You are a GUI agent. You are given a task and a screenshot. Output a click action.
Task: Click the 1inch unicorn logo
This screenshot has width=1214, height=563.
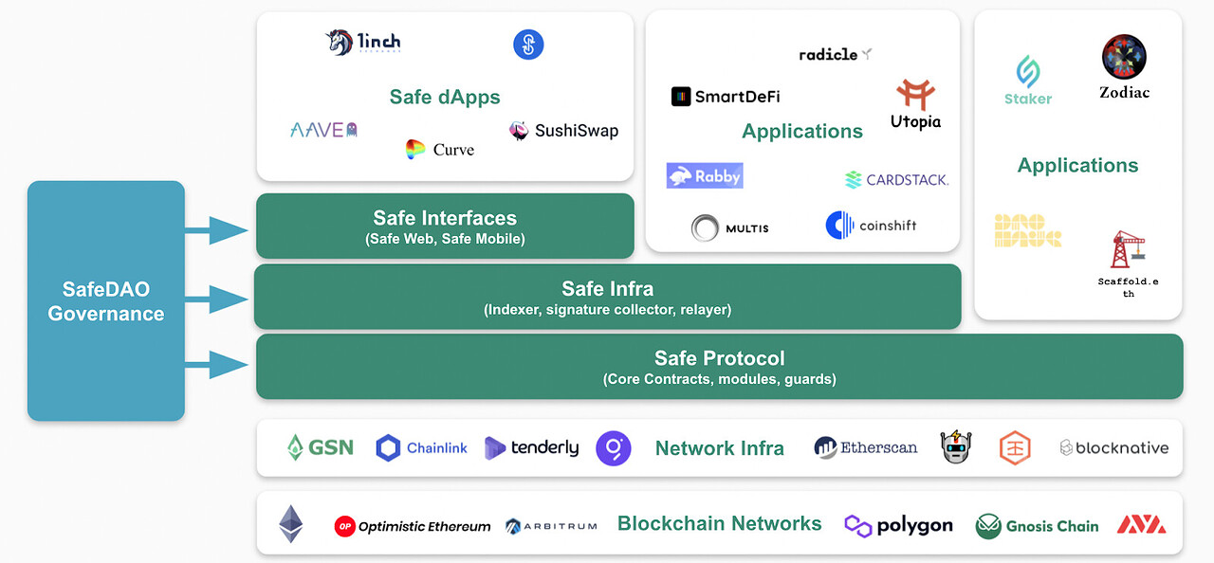pos(340,43)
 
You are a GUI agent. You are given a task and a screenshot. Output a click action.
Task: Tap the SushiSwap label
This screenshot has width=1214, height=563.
pos(576,131)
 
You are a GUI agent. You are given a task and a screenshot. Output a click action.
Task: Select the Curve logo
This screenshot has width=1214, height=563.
pos(415,150)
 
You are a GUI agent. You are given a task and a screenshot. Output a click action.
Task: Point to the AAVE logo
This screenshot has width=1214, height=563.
pos(323,130)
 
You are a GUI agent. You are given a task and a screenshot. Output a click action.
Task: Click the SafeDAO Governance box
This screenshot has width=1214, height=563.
pos(105,300)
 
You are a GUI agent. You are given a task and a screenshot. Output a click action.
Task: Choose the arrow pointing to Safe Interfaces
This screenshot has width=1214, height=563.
pos(218,229)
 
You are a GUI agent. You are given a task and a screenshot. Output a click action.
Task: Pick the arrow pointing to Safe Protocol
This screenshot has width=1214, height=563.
pos(218,364)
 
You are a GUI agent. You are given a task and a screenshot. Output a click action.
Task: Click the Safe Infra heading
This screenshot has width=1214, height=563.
pos(607,288)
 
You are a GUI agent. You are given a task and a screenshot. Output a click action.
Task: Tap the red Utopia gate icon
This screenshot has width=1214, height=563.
pos(915,95)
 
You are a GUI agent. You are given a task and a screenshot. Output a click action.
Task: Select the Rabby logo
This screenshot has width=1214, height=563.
pos(704,175)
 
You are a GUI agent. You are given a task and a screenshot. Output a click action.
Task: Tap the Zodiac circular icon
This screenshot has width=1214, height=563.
pos(1124,57)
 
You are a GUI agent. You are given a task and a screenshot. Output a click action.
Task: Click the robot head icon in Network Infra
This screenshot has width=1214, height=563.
pos(956,447)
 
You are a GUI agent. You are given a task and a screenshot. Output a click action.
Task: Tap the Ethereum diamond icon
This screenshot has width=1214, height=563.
pos(290,524)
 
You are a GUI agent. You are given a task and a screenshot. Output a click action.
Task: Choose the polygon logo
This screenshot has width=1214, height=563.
pos(898,525)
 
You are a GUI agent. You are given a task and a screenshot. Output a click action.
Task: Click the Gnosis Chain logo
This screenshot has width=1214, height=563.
pos(1037,526)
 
